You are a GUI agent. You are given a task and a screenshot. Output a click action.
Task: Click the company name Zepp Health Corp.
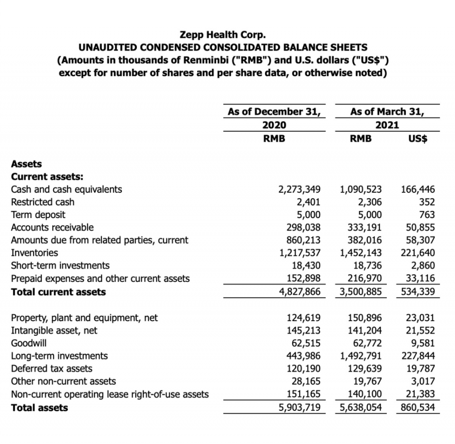[x=223, y=35]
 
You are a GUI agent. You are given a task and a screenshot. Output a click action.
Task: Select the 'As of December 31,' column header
[x=273, y=112]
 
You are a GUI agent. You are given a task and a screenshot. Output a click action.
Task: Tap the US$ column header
[x=418, y=138]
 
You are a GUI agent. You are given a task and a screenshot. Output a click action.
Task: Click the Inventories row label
[x=35, y=253]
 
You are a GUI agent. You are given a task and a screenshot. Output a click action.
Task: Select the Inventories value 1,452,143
[x=361, y=253]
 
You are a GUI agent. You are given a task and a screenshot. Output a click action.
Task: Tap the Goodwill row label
[x=29, y=343]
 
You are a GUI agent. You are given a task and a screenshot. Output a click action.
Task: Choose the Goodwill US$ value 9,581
[x=421, y=343]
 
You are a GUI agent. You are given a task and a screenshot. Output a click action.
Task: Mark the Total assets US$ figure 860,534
[x=418, y=408]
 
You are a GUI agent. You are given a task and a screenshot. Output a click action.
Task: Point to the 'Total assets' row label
[x=39, y=408]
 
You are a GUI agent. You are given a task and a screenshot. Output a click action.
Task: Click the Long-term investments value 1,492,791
[x=361, y=355]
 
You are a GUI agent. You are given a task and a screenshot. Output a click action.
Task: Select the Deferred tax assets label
[x=52, y=368]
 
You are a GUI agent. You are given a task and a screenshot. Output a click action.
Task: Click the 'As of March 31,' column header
[x=387, y=112]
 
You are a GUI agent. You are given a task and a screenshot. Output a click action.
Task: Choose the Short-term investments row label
[x=60, y=265]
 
